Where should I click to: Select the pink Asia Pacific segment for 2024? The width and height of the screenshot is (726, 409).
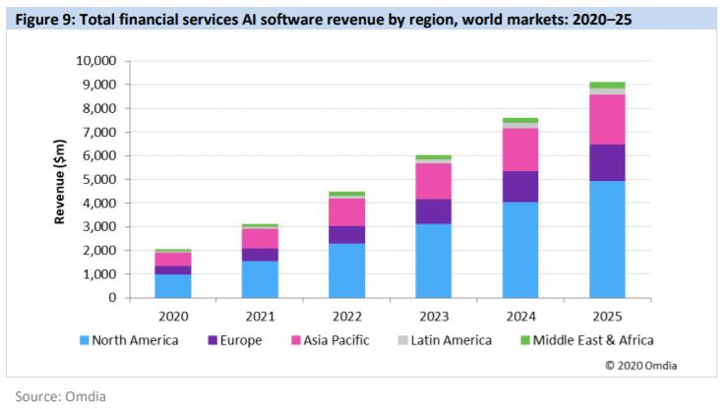coord(519,149)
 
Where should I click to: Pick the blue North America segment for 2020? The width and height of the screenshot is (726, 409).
coord(173,285)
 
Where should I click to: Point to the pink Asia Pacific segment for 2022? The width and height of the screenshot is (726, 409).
coord(346,212)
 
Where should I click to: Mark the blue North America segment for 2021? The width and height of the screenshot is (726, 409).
coord(260,278)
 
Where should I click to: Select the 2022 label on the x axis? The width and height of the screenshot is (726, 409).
coord(346,318)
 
